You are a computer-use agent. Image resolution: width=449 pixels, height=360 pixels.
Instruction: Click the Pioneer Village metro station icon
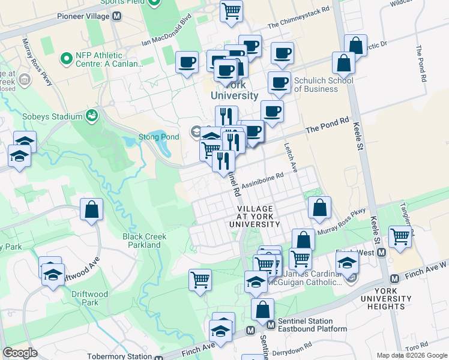click(115, 16)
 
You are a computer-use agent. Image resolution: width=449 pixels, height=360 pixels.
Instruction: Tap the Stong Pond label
click(160, 120)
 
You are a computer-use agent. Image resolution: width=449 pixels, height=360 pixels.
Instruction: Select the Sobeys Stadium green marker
click(92, 115)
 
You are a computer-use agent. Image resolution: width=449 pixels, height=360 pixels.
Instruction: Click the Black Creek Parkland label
click(145, 241)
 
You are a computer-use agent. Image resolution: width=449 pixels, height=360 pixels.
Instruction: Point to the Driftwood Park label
click(80, 298)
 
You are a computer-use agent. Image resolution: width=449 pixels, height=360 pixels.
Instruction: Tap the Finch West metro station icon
click(381, 253)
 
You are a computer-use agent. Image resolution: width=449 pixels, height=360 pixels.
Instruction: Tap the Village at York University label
click(255, 216)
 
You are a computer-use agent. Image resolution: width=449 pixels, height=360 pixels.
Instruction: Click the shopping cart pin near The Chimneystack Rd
click(231, 10)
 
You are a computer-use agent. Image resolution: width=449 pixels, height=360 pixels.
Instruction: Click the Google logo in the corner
click(20, 353)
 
